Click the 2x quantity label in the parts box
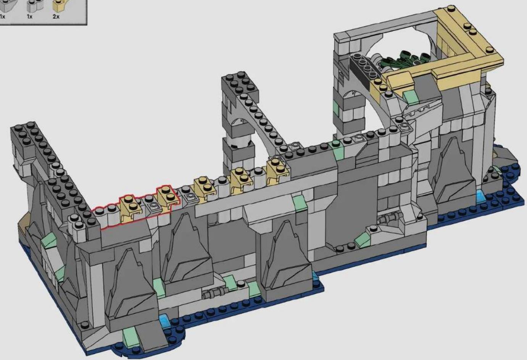(x=56, y=16)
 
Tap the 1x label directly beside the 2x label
(x=29, y=16)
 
